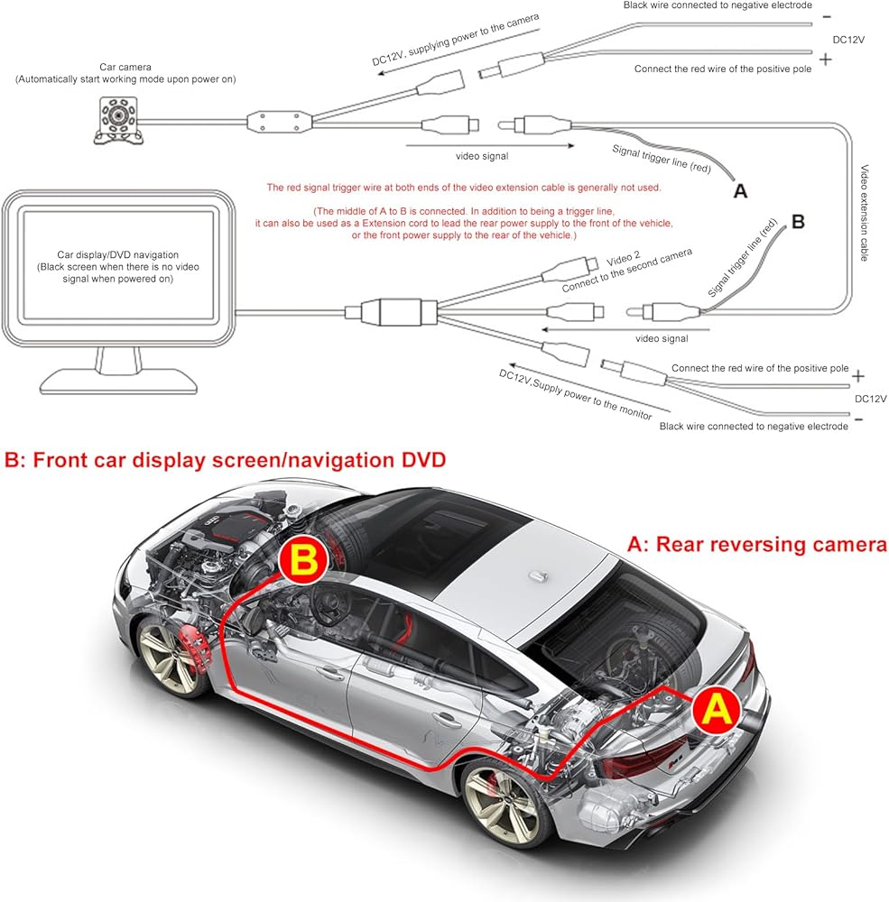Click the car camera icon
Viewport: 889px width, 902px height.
pyautogui.click(x=117, y=120)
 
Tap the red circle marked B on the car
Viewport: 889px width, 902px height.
pyautogui.click(x=303, y=560)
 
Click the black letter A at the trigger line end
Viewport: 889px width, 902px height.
pyautogui.click(x=740, y=191)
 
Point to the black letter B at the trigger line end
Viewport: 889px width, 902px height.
pyautogui.click(x=798, y=222)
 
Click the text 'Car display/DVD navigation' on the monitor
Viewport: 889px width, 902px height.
pyautogui.click(x=117, y=254)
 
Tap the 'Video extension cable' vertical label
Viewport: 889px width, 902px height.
pyautogui.click(x=864, y=213)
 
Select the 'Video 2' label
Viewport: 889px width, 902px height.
pyautogui.click(x=623, y=260)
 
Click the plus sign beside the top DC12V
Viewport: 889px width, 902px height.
pyautogui.click(x=825, y=60)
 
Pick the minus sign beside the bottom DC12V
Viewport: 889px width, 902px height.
pyautogui.click(x=858, y=419)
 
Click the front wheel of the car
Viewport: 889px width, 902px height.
pyautogui.click(x=167, y=656)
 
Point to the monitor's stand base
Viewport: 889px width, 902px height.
pyautogui.click(x=118, y=382)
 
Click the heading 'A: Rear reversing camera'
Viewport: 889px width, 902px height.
pyautogui.click(x=756, y=544)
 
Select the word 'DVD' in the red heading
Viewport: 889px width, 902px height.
pyautogui.click(x=423, y=460)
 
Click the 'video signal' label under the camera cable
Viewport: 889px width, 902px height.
pyautogui.click(x=482, y=156)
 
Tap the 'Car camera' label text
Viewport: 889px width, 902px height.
pyautogui.click(x=125, y=67)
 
